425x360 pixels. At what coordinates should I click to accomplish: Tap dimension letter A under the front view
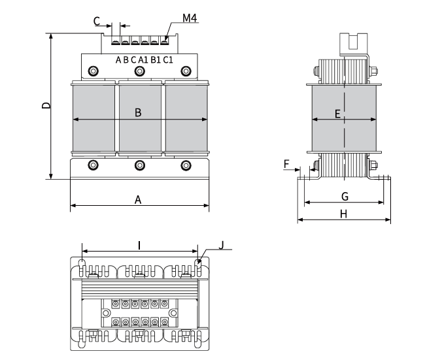coord(138,199)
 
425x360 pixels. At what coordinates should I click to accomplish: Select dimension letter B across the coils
coord(138,112)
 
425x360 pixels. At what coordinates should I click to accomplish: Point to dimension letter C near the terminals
coord(97,21)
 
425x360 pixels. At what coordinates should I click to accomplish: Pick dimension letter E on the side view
coord(337,114)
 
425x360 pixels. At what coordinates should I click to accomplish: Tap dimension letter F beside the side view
coord(287,163)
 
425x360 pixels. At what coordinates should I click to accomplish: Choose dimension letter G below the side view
coord(345,196)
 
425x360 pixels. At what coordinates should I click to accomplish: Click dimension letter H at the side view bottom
coord(345,214)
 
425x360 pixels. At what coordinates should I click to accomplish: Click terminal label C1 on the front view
coord(168,60)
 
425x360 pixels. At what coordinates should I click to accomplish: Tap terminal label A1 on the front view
coord(143,60)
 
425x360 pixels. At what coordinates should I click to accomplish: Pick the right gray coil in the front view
coord(186,118)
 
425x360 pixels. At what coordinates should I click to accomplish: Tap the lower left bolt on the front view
coord(93,165)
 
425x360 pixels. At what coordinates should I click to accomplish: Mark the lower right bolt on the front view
coord(186,165)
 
